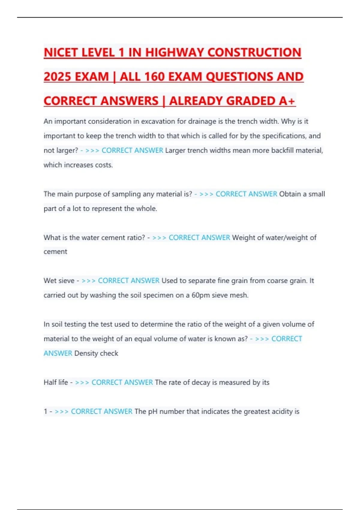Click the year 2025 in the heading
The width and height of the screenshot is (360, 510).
point(57,77)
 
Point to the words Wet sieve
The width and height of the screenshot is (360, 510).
point(59,281)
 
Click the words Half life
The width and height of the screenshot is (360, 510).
point(56,382)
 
